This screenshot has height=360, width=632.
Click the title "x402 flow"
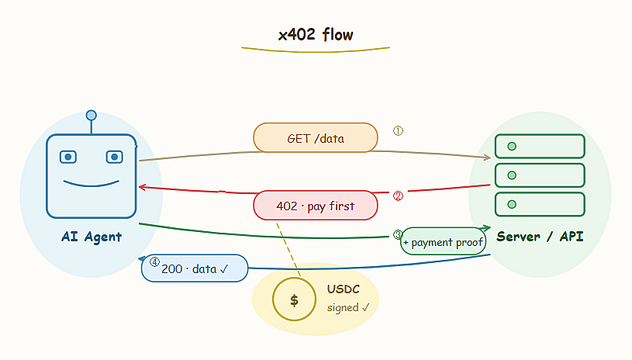[316, 35]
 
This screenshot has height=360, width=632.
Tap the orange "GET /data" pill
[316, 138]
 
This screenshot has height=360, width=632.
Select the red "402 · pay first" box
[316, 206]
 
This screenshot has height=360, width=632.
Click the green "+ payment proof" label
[444, 241]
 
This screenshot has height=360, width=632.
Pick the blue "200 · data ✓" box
[195, 268]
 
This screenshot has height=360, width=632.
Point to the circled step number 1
[398, 130]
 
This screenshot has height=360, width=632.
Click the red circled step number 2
[398, 196]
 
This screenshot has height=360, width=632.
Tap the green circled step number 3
[397, 234]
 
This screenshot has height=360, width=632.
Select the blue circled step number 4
[154, 262]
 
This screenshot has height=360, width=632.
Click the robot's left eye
[68, 157]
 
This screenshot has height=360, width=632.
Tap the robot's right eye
[115, 157]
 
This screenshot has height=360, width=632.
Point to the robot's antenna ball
[92, 116]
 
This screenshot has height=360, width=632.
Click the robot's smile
[92, 185]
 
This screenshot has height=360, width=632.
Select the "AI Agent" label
[92, 237]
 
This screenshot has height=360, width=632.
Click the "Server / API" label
[540, 236]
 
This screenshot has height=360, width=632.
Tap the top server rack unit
[540, 146]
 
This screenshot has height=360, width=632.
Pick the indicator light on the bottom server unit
[512, 204]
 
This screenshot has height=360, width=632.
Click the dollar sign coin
[294, 299]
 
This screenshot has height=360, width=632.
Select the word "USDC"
[344, 289]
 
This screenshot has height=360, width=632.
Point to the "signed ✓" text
[348, 307]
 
